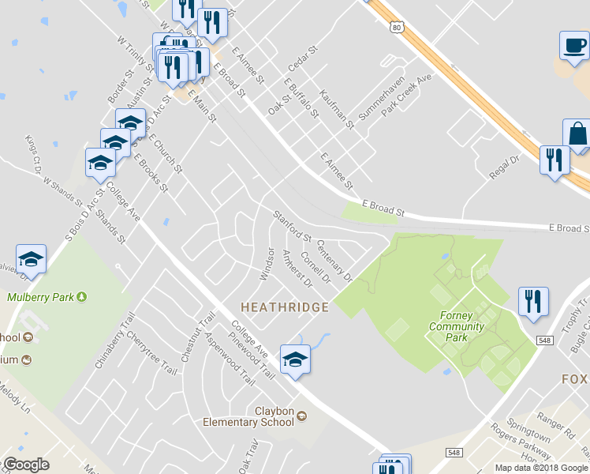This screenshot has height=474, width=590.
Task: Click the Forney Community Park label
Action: click(457, 325)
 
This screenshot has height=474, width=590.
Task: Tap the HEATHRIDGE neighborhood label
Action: click(284, 307)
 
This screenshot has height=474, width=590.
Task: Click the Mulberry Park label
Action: click(46, 298)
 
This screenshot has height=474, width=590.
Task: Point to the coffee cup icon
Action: click(574, 45)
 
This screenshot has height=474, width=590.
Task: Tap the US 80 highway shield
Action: click(397, 27)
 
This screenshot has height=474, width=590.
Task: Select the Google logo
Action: click(26, 465)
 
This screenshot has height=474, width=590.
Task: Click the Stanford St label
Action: click(293, 226)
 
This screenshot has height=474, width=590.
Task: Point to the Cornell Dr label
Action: click(315, 271)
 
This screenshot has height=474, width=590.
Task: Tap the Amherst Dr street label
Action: click(297, 268)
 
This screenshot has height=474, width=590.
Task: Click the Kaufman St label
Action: click(338, 110)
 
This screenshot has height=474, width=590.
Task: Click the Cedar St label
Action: click(302, 60)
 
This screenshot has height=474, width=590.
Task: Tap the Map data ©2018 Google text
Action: click(540, 467)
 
